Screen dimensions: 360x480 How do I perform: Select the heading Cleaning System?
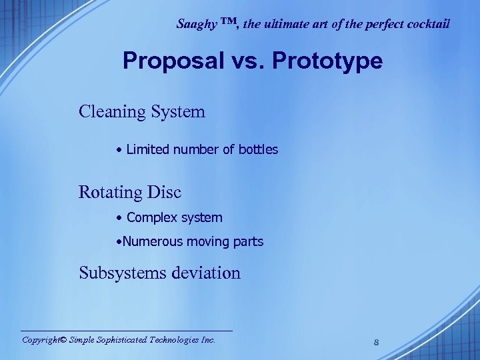142,111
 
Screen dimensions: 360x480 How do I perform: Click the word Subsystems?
122,273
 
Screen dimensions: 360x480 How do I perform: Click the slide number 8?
377,343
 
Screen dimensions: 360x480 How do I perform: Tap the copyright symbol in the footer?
63,339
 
